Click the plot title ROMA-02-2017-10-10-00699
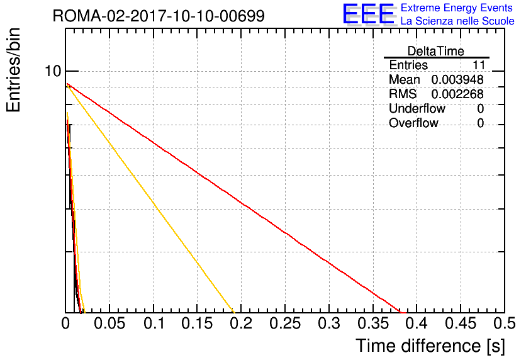coord(159,16)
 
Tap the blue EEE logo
coord(368,14)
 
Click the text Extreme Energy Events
coord(457,8)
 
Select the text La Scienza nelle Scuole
coord(457,21)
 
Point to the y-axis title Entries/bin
coord(13,70)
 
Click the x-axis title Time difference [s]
coord(430,346)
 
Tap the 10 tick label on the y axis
coord(53,70)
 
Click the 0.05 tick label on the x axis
coord(109,323)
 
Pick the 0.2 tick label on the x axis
coord(241,323)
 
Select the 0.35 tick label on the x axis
coord(373,323)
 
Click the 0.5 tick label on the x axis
coord(505,323)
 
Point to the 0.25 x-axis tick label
coord(285,323)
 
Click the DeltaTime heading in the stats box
coord(436,51)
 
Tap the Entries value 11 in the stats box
coord(479,65)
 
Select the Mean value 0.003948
coord(457,79)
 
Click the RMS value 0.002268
coord(457,94)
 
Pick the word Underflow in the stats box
coord(417,109)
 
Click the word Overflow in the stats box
coord(413,123)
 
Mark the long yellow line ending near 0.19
coord(150,199)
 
